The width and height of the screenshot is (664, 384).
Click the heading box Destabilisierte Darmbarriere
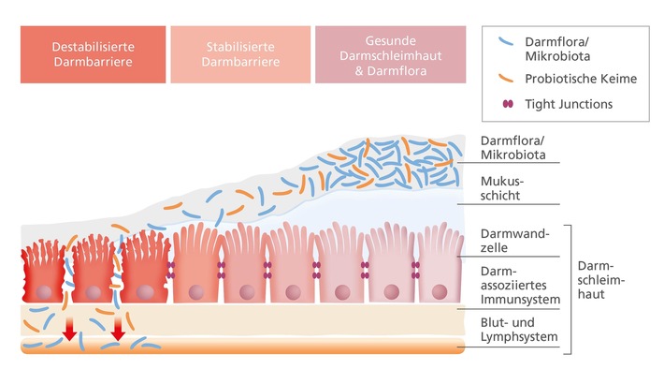tap(92, 52)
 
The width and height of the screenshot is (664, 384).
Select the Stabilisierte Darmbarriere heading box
tap(239, 52)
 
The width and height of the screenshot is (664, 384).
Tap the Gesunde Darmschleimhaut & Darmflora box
tap(390, 52)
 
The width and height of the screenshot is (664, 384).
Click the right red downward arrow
tap(118, 333)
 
